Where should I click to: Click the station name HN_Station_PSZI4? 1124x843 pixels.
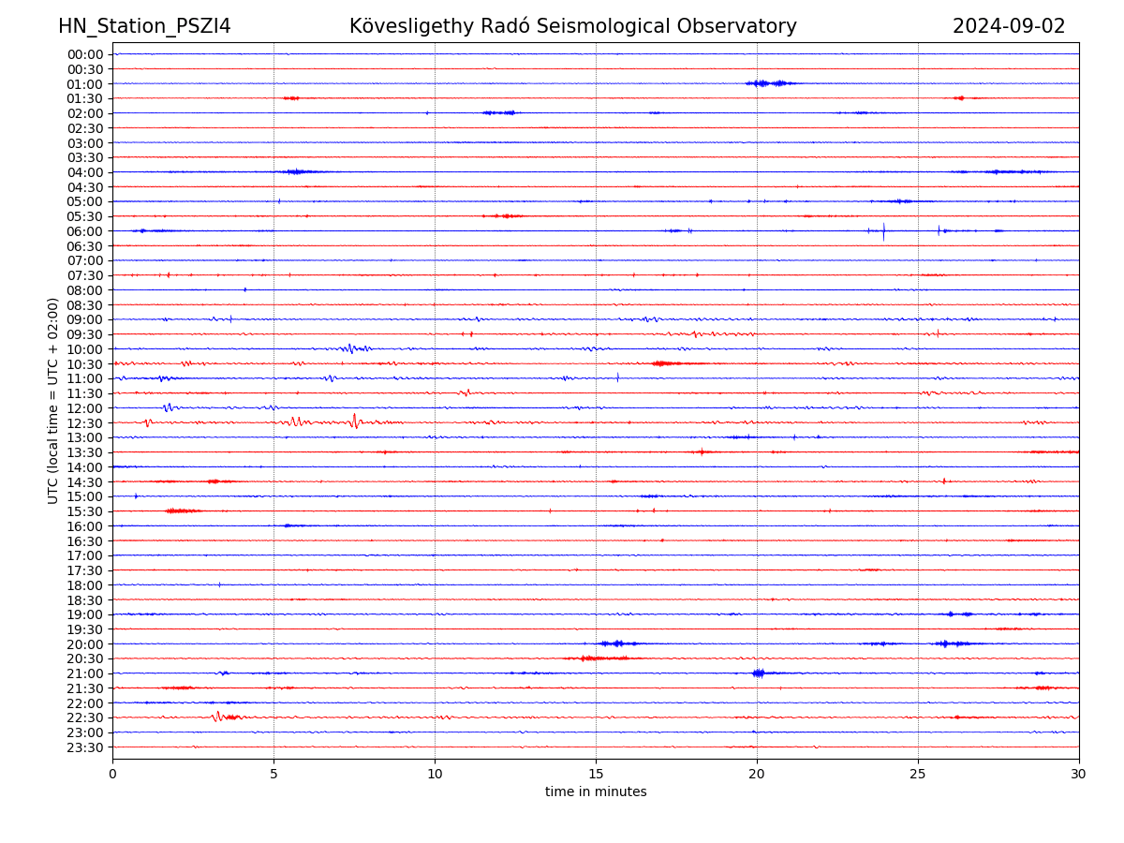point(144,26)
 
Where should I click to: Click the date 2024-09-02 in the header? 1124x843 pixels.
point(1009,26)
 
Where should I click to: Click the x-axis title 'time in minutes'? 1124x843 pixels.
point(596,792)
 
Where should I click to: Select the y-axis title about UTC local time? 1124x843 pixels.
point(53,400)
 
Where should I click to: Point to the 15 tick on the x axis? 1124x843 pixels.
point(596,775)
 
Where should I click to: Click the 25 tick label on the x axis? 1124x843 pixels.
point(918,775)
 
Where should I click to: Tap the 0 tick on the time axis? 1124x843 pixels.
point(112,775)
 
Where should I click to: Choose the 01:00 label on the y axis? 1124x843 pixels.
point(84,83)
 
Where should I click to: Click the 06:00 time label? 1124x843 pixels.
point(84,231)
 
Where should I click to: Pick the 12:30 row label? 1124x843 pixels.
point(84,423)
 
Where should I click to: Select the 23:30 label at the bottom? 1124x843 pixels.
point(84,747)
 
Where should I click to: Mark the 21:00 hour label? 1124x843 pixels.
point(84,673)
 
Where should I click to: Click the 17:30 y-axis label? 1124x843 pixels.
point(84,570)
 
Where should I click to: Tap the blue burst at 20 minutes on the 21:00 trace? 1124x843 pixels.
point(758,673)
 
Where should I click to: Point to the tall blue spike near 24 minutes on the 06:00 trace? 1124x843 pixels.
point(883,231)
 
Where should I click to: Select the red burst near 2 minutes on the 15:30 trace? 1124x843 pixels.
point(182,510)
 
